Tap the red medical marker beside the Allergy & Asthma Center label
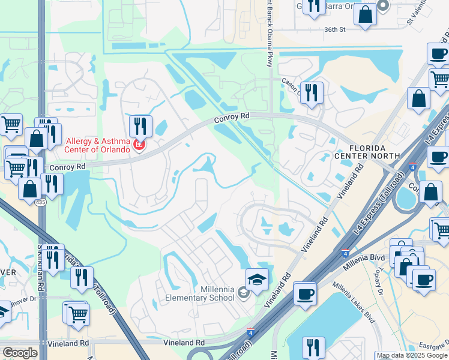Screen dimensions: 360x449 [139, 145]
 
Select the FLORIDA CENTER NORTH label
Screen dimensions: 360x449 [375, 151]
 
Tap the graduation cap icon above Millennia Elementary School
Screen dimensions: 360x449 [257, 280]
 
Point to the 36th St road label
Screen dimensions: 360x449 [336, 29]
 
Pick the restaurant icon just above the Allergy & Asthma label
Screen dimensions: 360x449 [140, 126]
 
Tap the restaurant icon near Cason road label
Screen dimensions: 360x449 [311, 92]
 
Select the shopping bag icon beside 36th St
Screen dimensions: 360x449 [365, 14]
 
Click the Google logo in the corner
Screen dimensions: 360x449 [20, 353]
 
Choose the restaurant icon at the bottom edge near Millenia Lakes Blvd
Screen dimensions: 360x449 [313, 347]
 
